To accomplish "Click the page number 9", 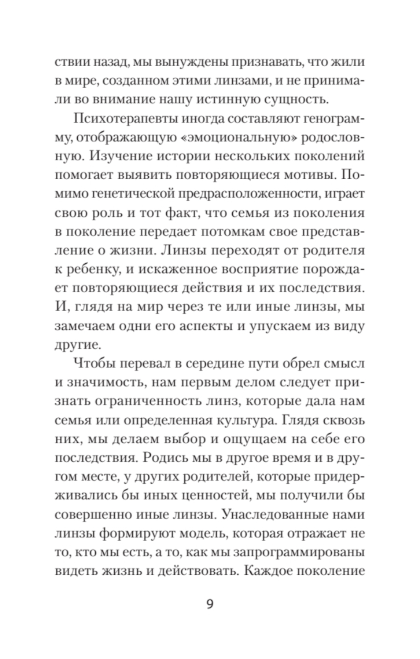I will click(210, 604).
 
